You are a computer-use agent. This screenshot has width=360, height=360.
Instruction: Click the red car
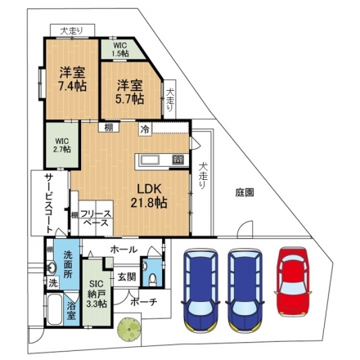(294, 281)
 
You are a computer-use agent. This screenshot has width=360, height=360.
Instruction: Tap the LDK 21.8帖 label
(149, 196)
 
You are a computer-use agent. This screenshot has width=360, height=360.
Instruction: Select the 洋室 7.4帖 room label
(73, 79)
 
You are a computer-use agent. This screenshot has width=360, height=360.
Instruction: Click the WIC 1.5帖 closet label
(120, 49)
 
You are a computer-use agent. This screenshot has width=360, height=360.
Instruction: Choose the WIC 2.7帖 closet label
(63, 146)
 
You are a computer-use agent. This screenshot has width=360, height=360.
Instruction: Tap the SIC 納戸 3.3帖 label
(97, 294)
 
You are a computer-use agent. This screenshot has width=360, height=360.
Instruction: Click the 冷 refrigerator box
(146, 129)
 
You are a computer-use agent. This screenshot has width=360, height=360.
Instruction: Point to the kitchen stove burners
(178, 160)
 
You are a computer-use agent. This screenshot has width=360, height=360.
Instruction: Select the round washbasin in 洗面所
(51, 268)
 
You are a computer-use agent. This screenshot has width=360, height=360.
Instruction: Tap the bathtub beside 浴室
(55, 309)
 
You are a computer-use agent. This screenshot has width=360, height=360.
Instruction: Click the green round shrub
(128, 328)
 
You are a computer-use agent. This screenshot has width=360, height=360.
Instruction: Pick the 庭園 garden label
(245, 192)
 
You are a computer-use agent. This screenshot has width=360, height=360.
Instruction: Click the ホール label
(124, 250)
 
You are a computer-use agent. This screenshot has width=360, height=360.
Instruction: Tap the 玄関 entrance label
(127, 277)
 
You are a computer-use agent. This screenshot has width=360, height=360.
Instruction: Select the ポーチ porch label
(144, 302)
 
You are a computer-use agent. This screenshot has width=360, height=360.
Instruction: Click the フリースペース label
(96, 218)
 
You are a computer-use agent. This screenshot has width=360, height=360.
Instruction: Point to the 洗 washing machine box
(53, 283)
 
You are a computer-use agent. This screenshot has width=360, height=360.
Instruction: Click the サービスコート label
(49, 204)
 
